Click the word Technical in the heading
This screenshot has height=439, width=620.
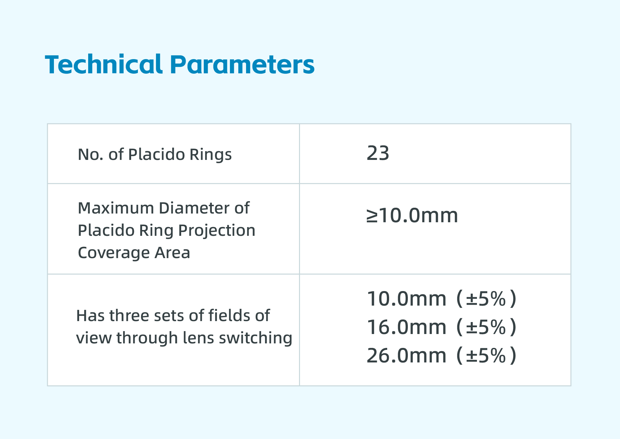(x=103, y=64)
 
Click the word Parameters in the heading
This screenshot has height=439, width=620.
(x=242, y=64)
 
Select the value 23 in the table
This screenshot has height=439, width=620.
(x=378, y=153)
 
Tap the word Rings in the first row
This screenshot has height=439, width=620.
(x=211, y=155)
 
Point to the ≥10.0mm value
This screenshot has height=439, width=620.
(x=412, y=215)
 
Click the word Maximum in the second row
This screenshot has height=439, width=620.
(x=116, y=208)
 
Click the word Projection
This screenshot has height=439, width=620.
(x=217, y=231)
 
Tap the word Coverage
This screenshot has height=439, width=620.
(x=114, y=253)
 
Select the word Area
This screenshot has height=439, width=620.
(x=172, y=253)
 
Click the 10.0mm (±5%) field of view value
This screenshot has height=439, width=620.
(x=441, y=299)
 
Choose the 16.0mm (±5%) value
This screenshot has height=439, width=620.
(x=441, y=327)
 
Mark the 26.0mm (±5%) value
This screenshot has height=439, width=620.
(x=441, y=356)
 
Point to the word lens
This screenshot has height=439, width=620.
(x=198, y=338)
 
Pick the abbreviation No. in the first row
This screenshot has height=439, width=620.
(x=90, y=155)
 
